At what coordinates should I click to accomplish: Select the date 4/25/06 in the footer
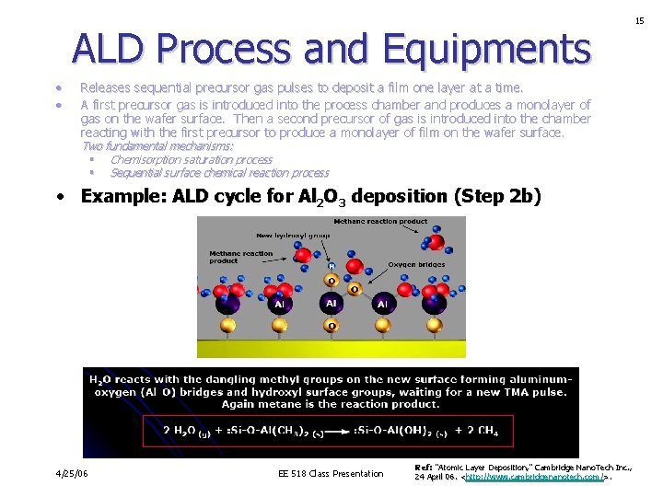pos(73,473)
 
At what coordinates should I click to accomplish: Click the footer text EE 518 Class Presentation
pos(331,474)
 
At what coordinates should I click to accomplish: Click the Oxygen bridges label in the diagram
pos(416,265)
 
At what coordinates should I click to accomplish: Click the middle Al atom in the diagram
pos(331,303)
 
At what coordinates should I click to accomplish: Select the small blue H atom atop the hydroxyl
pos(331,267)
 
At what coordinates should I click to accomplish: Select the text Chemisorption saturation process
pos(192,160)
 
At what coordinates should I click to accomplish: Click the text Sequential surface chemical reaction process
pos(219,173)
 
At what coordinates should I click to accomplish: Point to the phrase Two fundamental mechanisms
pos(157,146)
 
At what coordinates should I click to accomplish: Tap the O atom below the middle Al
pos(331,326)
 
